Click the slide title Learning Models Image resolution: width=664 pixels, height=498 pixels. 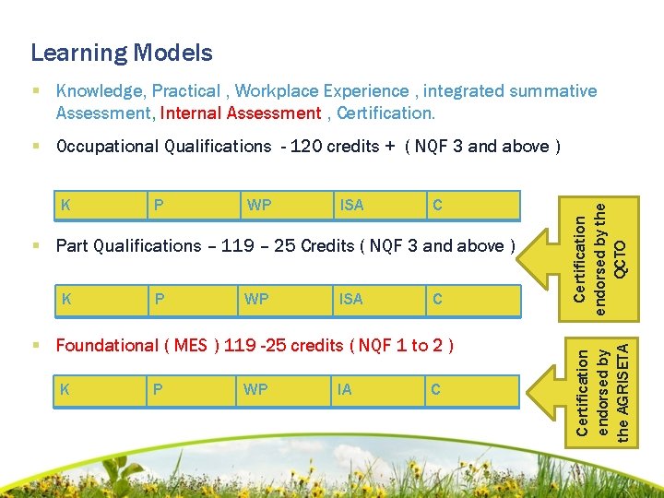point(122,53)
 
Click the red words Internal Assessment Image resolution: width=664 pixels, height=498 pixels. point(240,113)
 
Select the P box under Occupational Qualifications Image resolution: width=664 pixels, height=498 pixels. point(194,206)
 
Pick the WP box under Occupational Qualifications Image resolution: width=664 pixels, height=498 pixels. point(287,206)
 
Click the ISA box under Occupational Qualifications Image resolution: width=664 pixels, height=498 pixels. point(379,206)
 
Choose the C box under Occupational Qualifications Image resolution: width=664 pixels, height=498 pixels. point(472,206)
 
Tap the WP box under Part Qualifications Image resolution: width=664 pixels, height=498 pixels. point(287,299)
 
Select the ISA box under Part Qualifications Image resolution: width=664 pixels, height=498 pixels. point(379,299)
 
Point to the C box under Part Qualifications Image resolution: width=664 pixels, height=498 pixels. point(472,299)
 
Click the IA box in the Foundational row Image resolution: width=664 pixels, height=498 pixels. point(379,390)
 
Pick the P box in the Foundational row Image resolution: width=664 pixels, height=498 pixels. point(194,390)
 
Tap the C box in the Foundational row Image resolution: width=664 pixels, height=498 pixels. point(472,390)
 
